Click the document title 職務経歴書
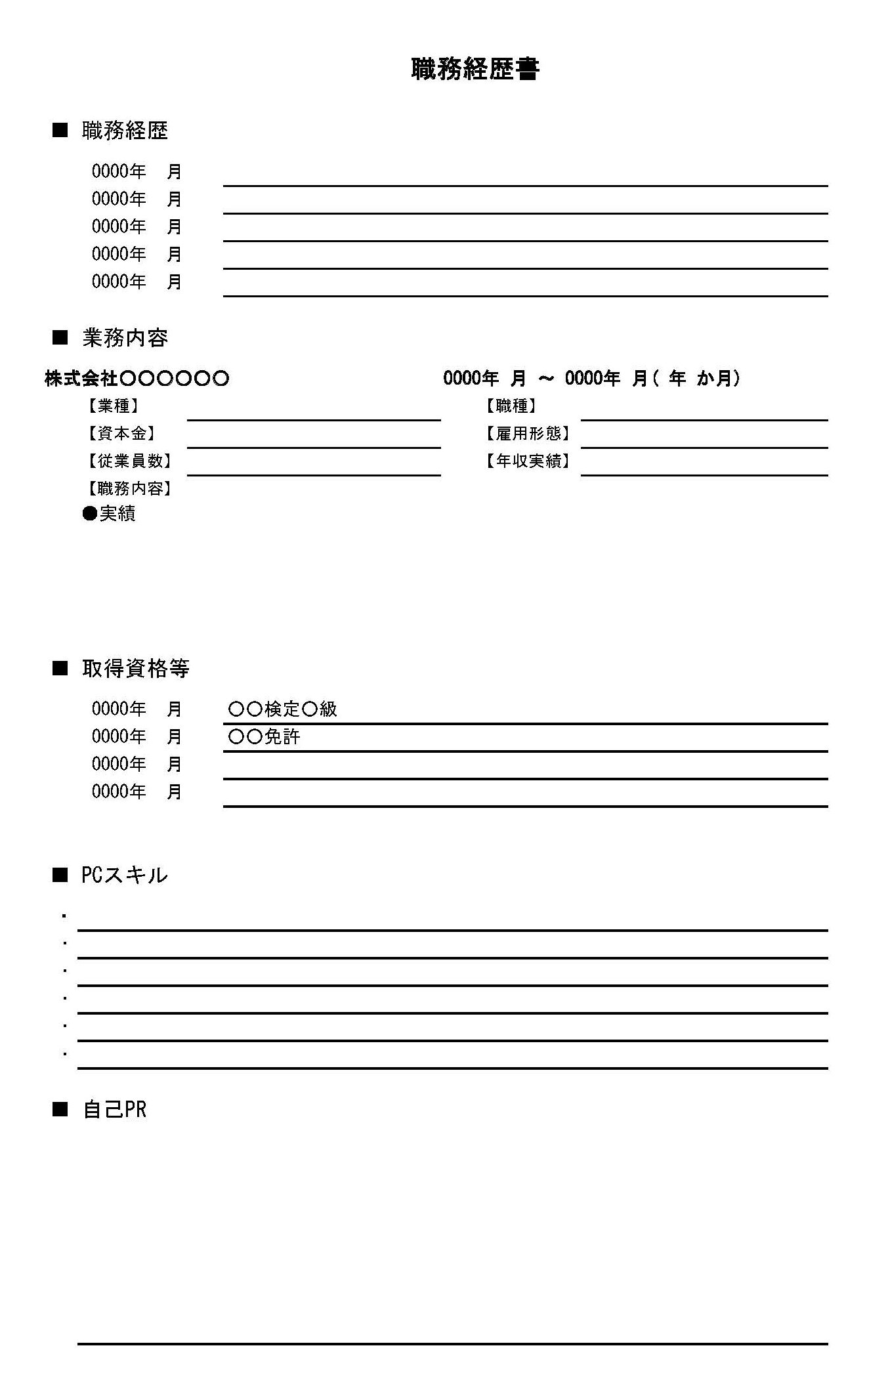pyautogui.click(x=475, y=69)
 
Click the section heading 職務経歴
pyautogui.click(x=125, y=131)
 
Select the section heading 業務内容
pyautogui.click(x=125, y=338)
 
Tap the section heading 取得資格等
pyautogui.click(x=135, y=668)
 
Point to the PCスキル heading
pyautogui.click(x=124, y=875)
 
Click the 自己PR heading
pyautogui.click(x=114, y=1109)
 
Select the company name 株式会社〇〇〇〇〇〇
pyautogui.click(x=137, y=378)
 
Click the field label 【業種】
pyautogui.click(x=113, y=406)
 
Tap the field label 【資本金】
pyautogui.click(x=121, y=434)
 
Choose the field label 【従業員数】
pyautogui.click(x=129, y=461)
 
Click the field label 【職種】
pyautogui.click(x=511, y=406)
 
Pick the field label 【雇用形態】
pyautogui.click(x=528, y=434)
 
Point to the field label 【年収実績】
pyautogui.click(x=528, y=461)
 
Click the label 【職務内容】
pyautogui.click(x=129, y=489)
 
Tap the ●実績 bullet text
pyautogui.click(x=110, y=513)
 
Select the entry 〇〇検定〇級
pyautogui.click(x=282, y=709)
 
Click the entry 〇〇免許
pyautogui.click(x=264, y=736)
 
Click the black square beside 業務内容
pyautogui.click(x=60, y=338)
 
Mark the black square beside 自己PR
pyautogui.click(x=60, y=1109)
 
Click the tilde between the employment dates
pyautogui.click(x=545, y=379)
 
